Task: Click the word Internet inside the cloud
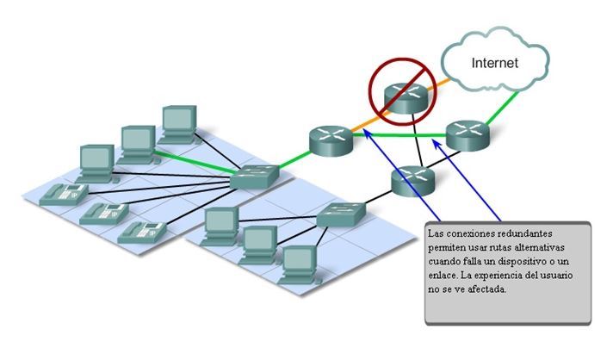(x=496, y=63)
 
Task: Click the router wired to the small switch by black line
(x=411, y=180)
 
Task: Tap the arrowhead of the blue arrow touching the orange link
(x=367, y=133)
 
